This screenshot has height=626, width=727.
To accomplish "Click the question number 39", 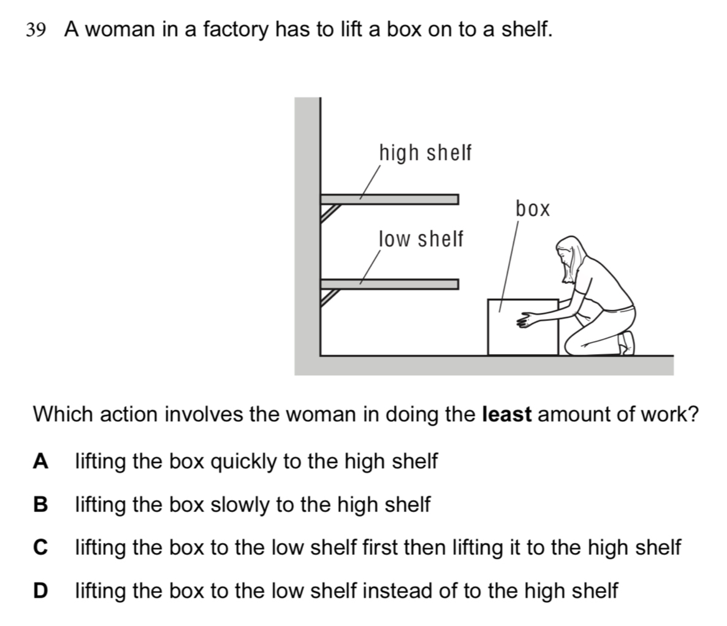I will [36, 29].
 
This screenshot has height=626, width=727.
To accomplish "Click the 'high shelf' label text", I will [425, 153].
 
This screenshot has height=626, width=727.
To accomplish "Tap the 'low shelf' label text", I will [421, 239].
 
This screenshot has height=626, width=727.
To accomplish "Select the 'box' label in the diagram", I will [533, 209].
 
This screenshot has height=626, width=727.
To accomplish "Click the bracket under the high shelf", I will [330, 211].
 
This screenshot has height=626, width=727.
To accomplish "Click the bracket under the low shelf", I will [330, 296].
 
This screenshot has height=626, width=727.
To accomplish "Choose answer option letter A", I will [40, 461].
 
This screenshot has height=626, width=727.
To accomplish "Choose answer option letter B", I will [40, 505].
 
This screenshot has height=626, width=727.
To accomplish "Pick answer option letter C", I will [40, 547].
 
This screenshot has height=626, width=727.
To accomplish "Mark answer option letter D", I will [40, 590].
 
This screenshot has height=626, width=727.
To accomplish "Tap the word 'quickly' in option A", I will [244, 461].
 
